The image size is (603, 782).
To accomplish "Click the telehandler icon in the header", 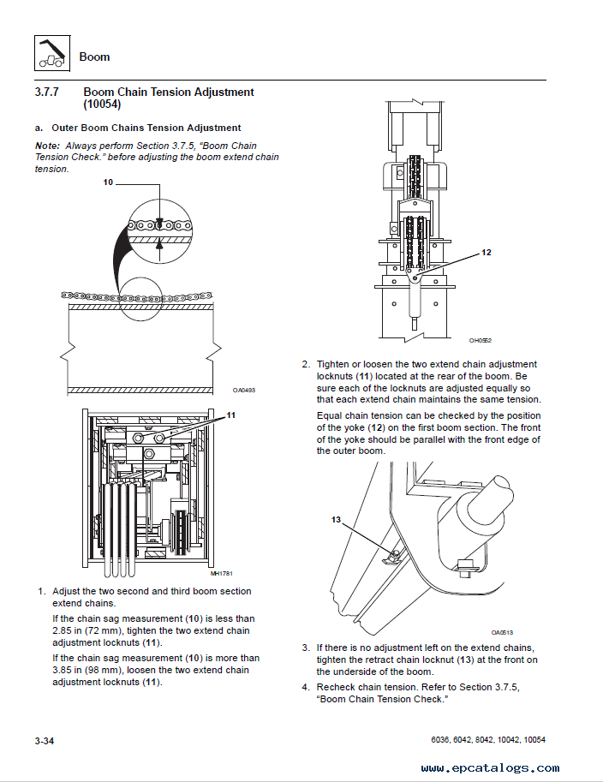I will (51, 52).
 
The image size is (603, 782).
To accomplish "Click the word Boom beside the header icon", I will (94, 57).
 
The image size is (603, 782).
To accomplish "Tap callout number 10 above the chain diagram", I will (108, 182).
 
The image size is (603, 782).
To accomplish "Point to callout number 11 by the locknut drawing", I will (230, 415).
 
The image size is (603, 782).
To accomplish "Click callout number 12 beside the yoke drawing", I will (486, 253).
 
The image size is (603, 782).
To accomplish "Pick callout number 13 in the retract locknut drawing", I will (336, 520).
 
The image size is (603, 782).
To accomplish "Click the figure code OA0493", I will (244, 391).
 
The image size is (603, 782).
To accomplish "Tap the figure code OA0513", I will (502, 632).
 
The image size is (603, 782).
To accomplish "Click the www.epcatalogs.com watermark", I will (492, 768).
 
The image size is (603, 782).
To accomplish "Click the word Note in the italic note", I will (47, 146).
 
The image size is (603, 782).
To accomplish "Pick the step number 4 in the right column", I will (305, 688).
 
